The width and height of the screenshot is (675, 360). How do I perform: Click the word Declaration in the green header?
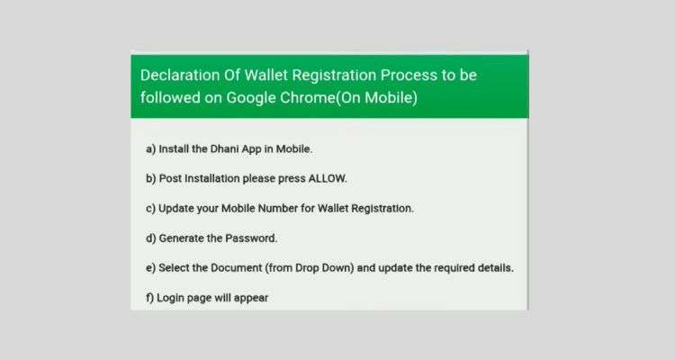coord(180,75)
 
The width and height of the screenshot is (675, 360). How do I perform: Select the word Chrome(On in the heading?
coord(320,98)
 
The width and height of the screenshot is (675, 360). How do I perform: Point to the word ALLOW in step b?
coord(328,178)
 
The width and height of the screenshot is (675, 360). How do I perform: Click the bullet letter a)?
coord(150,149)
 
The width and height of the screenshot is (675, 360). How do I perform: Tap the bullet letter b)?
coord(150,179)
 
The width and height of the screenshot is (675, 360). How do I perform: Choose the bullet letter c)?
coord(150,209)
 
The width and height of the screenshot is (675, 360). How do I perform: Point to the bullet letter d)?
coord(150,238)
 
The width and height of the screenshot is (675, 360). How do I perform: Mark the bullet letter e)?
coord(150,268)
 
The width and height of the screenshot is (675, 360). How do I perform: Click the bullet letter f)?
coord(149,298)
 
